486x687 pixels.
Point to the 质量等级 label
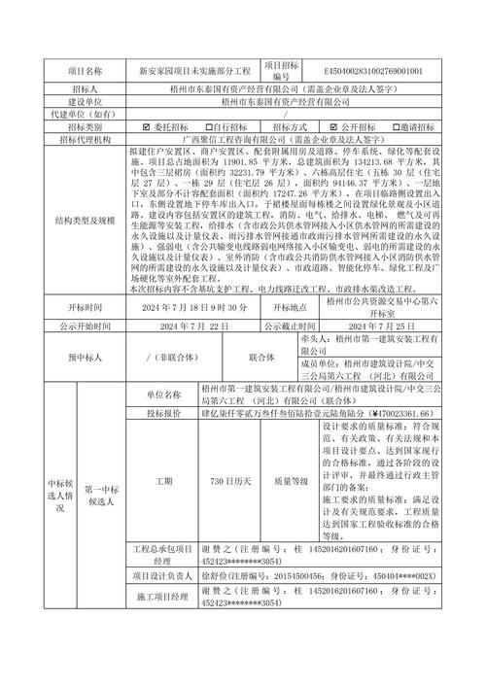coord(291,480)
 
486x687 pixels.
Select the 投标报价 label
coord(163,412)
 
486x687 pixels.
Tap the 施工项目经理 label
coord(163,596)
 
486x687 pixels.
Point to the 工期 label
coord(163,480)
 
